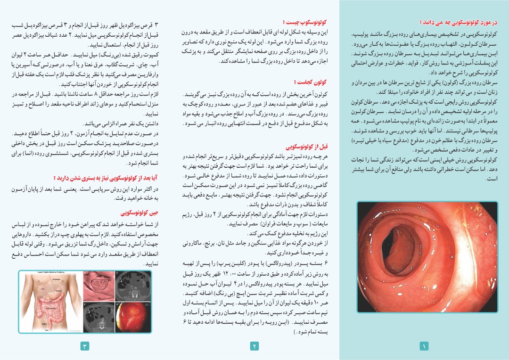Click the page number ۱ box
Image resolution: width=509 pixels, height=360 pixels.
[x=424, y=346]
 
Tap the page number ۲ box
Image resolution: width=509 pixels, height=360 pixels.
[x=254, y=346]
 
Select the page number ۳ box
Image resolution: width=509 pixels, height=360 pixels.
[x=85, y=346]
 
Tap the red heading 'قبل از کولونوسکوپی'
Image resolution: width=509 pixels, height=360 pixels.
[x=306, y=147]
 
